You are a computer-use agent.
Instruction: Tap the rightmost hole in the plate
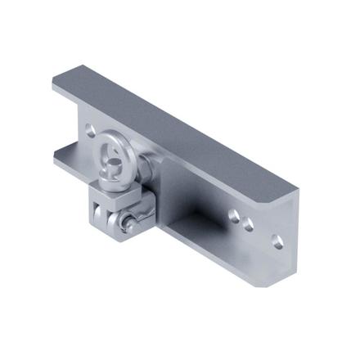[x=277, y=242]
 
